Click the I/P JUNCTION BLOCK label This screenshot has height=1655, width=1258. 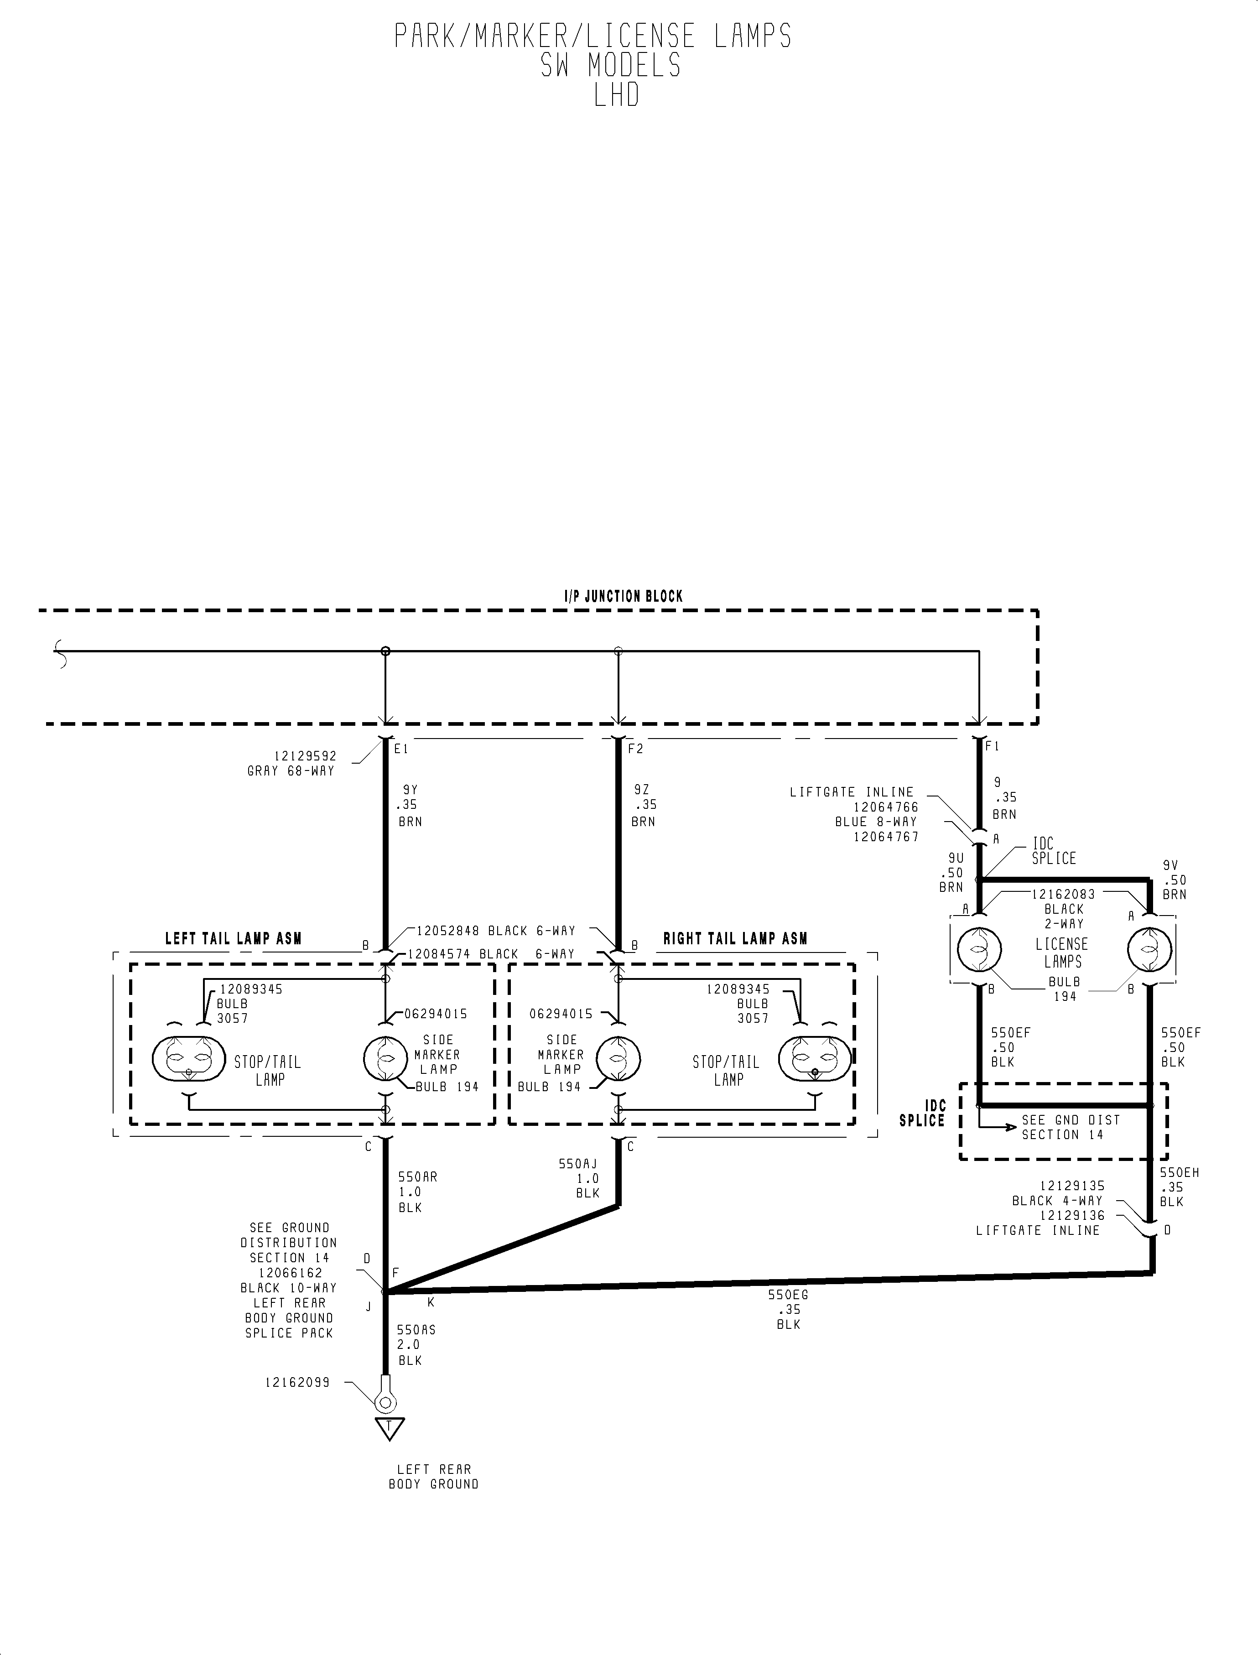(x=623, y=597)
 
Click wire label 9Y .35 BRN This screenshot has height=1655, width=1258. (x=409, y=805)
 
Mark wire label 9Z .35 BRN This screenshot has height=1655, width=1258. (x=643, y=805)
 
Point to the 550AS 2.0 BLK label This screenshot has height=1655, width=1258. (x=416, y=1345)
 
